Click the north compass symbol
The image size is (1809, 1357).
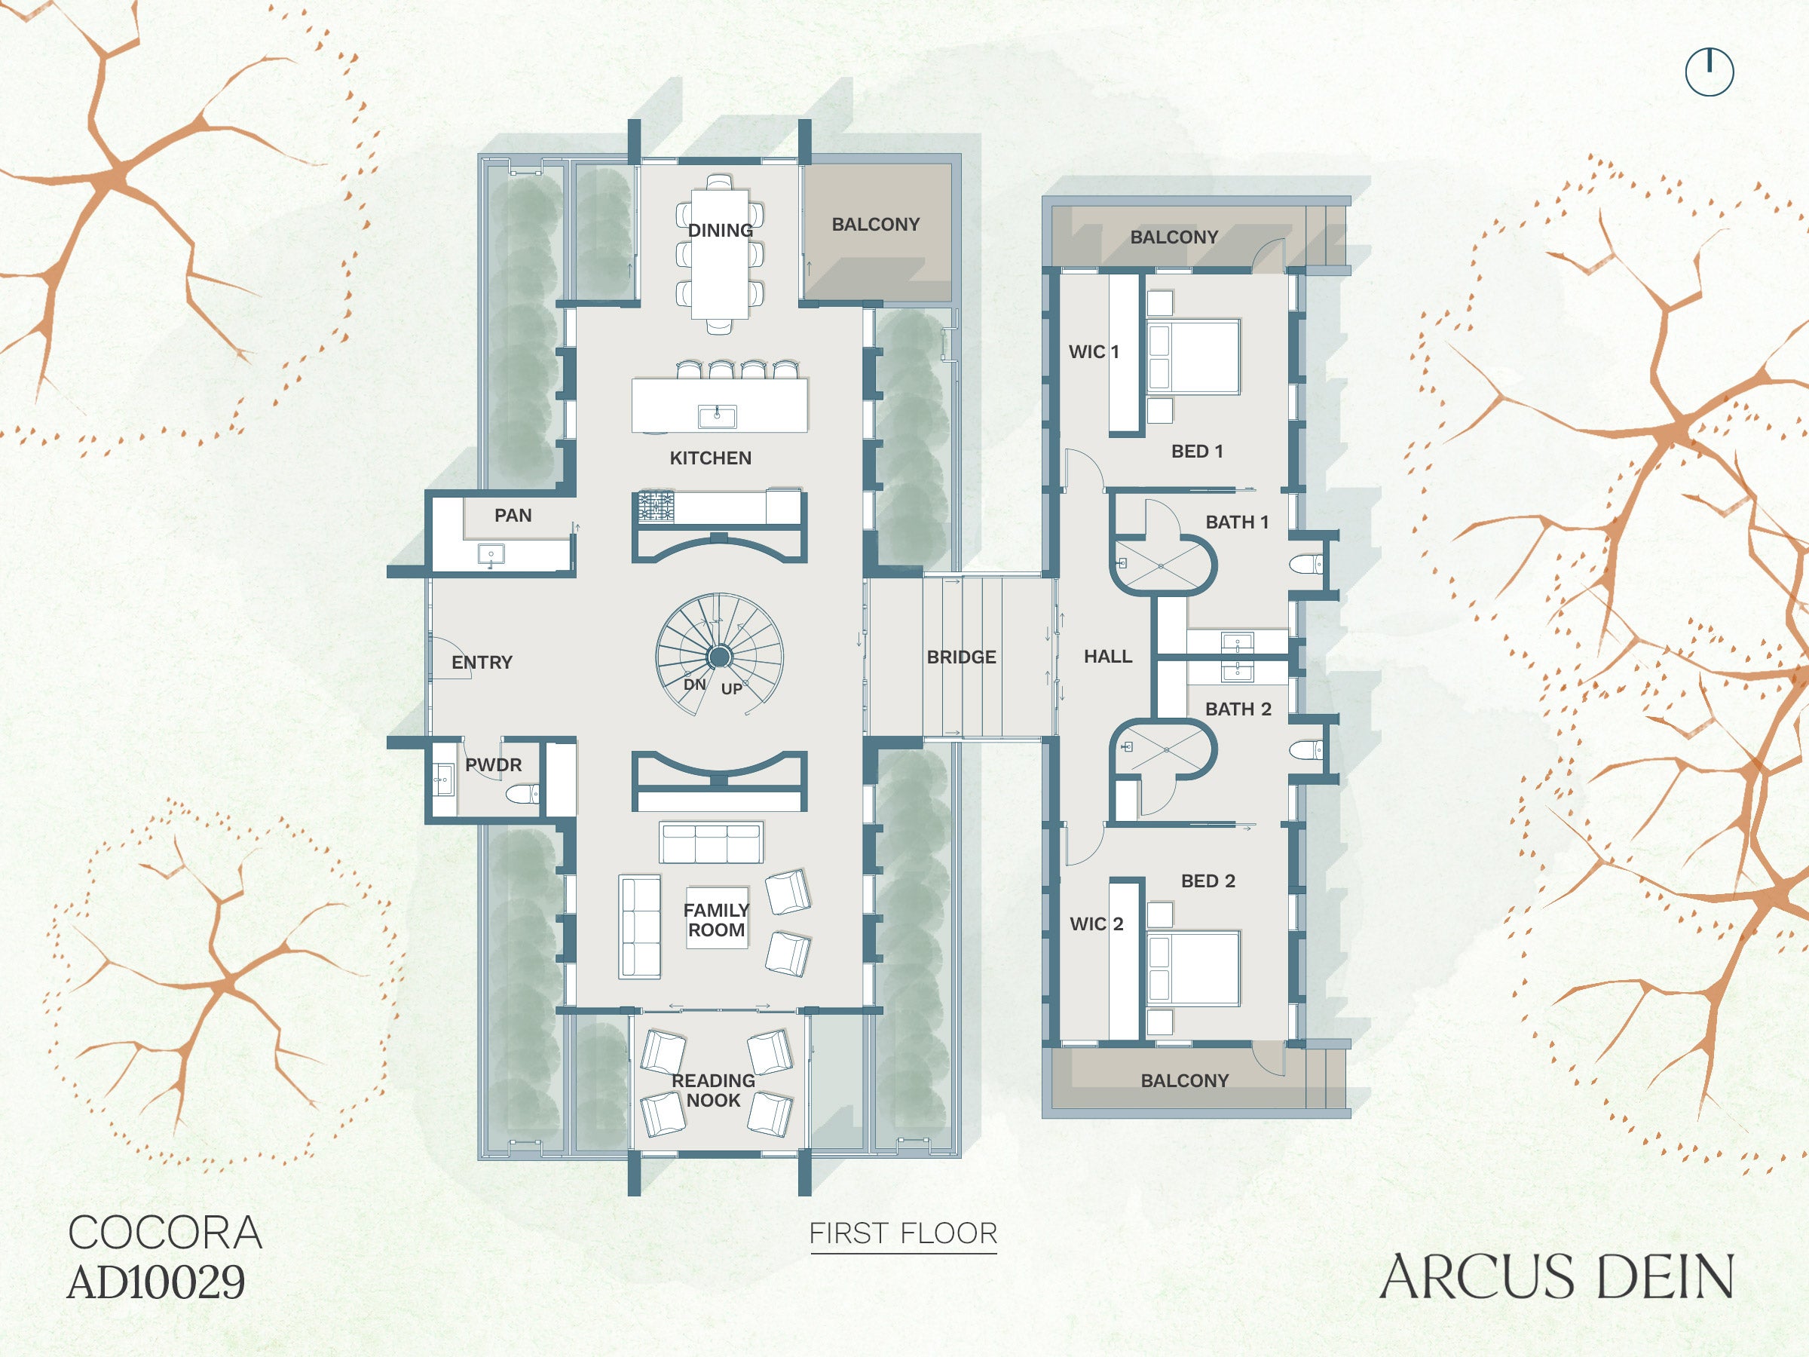[x=1710, y=72]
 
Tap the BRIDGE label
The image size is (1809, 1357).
[x=961, y=657]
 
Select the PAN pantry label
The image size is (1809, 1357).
[x=513, y=516]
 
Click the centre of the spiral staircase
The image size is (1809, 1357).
[x=720, y=656]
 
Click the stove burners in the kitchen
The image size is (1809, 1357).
[x=656, y=507]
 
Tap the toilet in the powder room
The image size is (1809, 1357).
[x=522, y=793]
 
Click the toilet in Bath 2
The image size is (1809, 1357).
[x=1306, y=749]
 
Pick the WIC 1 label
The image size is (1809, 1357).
[x=1094, y=352]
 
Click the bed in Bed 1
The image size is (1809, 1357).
[x=1194, y=357]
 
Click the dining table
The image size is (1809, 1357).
[x=720, y=253]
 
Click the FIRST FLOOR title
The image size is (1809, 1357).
[x=903, y=1233]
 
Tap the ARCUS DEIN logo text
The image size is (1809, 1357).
[x=1556, y=1276]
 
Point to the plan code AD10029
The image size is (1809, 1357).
[x=156, y=1282]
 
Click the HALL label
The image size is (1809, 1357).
[x=1107, y=656]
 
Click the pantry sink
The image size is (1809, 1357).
[x=491, y=555]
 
